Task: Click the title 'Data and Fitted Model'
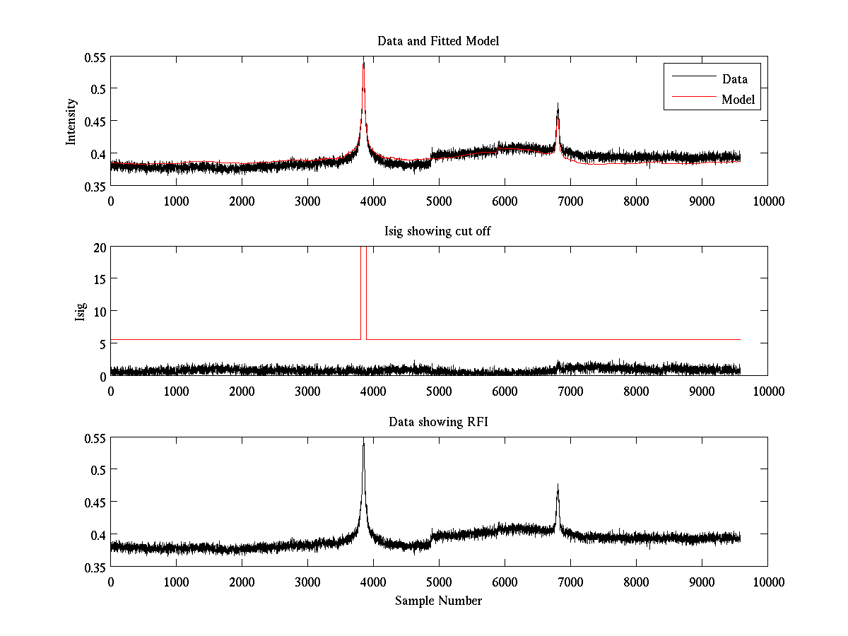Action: coord(438,41)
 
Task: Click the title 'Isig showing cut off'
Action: coord(438,232)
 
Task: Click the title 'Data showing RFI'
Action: coord(438,422)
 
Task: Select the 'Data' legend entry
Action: coord(734,78)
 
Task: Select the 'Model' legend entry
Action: coord(738,100)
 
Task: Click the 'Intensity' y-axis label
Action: coord(71,122)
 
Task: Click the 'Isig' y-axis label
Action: coord(80,312)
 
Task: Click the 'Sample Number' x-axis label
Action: coord(438,601)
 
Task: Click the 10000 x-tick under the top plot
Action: coord(767,201)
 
